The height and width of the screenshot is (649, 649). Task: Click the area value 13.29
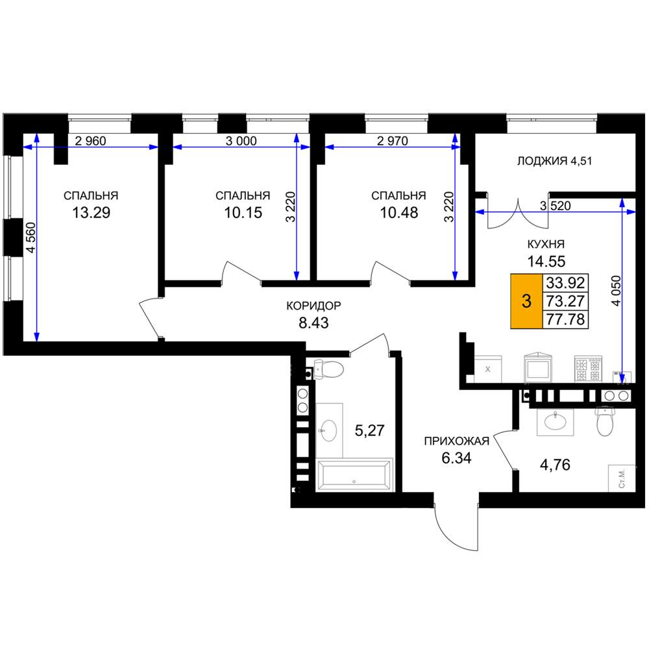pyautogui.click(x=91, y=213)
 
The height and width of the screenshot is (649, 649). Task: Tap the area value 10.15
pyautogui.click(x=243, y=213)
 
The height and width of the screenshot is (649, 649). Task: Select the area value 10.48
pyautogui.click(x=399, y=213)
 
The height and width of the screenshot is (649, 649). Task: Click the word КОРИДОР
pyautogui.click(x=313, y=306)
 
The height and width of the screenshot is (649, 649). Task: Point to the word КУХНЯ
pyautogui.click(x=546, y=244)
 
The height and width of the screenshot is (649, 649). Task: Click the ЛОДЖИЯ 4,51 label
pyautogui.click(x=555, y=161)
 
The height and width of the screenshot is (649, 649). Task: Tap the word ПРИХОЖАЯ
pyautogui.click(x=456, y=441)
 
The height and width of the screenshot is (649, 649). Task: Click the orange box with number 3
pyautogui.click(x=526, y=301)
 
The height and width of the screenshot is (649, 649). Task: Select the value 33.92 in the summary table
pyautogui.click(x=565, y=283)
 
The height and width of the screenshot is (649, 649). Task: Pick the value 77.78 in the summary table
pyautogui.click(x=565, y=319)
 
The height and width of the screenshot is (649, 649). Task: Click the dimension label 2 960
pyautogui.click(x=91, y=141)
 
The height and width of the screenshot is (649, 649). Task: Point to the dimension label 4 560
pyautogui.click(x=31, y=238)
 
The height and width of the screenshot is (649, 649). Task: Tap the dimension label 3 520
pyautogui.click(x=556, y=206)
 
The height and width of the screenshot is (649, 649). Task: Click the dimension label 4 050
pyautogui.click(x=617, y=291)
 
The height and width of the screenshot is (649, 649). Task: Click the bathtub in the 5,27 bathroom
pyautogui.click(x=354, y=475)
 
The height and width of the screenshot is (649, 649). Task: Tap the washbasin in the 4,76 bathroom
pyautogui.click(x=555, y=422)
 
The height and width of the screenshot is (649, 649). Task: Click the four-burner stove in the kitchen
pyautogui.click(x=588, y=369)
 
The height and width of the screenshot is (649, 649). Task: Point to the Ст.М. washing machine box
pyautogui.click(x=622, y=478)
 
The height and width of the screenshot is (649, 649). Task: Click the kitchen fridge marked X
pyautogui.click(x=487, y=369)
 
